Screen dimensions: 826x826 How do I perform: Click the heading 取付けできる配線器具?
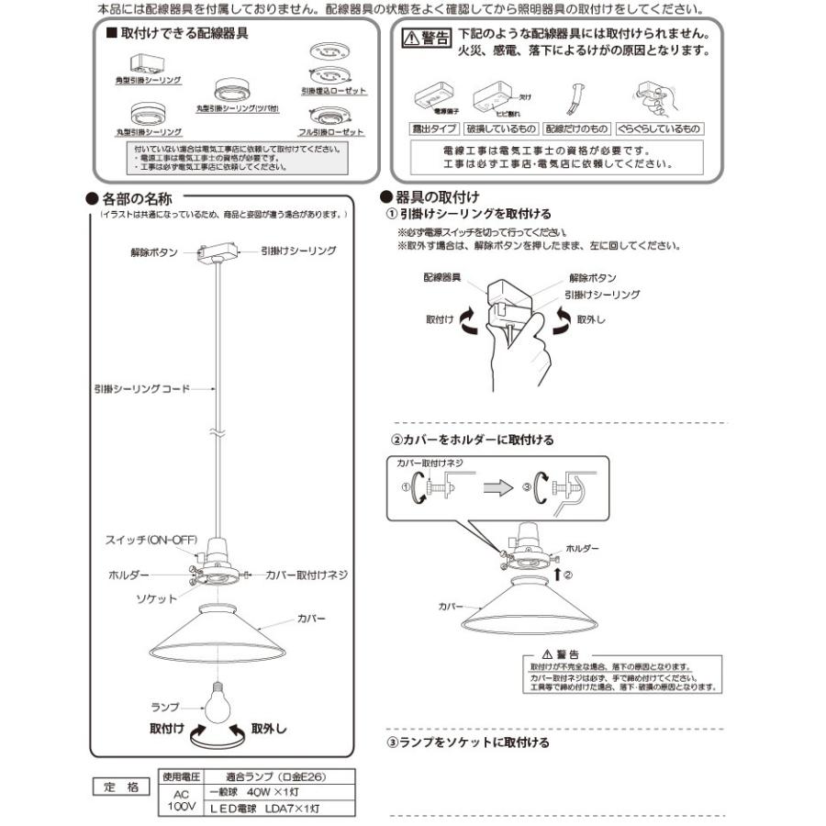pos(184,34)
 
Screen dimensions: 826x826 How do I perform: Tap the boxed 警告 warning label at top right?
pos(428,38)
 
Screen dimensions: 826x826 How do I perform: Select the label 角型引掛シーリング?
pos(148,81)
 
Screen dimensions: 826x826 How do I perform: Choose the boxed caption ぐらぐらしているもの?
pos(660,129)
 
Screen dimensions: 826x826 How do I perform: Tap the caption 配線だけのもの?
pos(576,129)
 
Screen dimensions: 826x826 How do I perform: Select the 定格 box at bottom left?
pos(120,787)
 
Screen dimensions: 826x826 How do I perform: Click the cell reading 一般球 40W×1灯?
pos(249,792)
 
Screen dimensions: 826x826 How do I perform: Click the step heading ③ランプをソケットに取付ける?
pos(469,742)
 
